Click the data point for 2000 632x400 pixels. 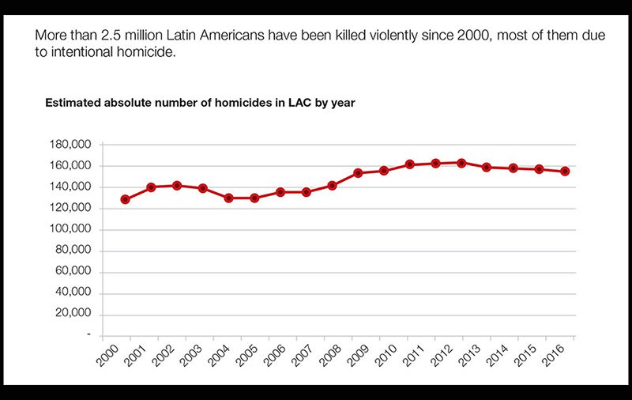[x=125, y=199]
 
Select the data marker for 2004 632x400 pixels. [x=228, y=198]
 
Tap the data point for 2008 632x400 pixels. [x=332, y=186]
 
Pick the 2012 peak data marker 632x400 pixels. [x=462, y=163]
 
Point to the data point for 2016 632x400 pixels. [x=565, y=171]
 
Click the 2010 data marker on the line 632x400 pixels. [x=384, y=170]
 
